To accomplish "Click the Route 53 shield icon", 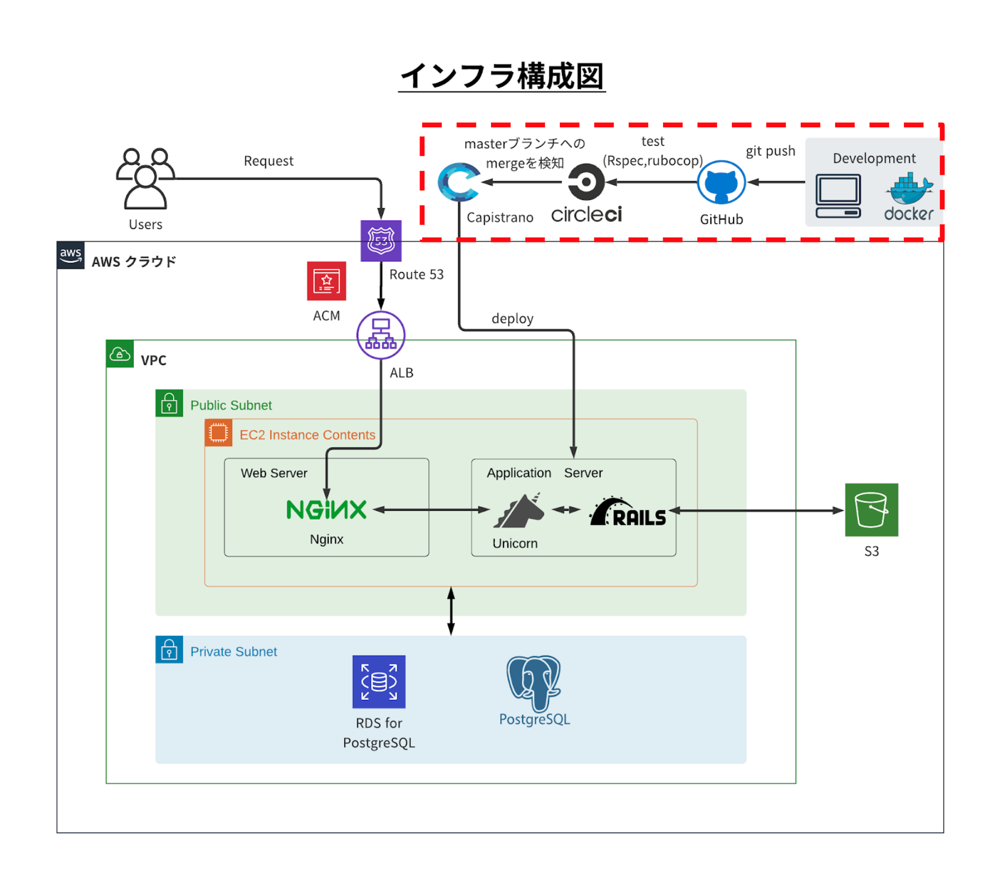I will (381, 240).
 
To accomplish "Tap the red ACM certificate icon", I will (326, 281).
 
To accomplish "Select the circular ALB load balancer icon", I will (381, 335).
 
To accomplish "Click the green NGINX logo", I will (326, 509).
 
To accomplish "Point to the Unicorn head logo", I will (519, 511).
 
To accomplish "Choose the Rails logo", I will (628, 512).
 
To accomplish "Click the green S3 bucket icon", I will (871, 510).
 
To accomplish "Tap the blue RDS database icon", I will (379, 681).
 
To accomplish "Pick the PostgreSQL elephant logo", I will (534, 682).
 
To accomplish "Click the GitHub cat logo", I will (721, 182).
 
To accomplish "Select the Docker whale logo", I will (909, 188).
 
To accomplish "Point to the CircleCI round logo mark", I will (586, 182).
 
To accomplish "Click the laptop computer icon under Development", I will (838, 196).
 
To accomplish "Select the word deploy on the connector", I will (512, 318).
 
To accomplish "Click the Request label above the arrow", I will (268, 161).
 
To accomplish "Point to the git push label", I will (770, 151).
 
